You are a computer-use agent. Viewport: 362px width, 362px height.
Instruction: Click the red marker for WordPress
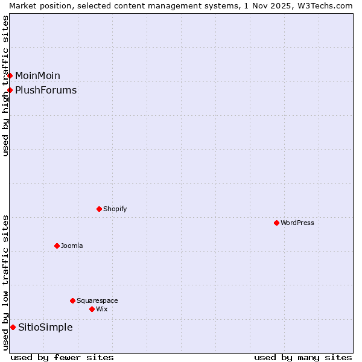[x=276, y=223]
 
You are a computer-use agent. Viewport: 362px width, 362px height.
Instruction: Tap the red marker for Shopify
[x=99, y=209]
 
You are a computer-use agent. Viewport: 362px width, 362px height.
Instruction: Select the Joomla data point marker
[x=57, y=246]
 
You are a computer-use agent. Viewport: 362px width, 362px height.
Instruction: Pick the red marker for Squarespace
[x=72, y=300]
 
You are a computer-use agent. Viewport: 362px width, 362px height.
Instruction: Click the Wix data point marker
[x=92, y=309]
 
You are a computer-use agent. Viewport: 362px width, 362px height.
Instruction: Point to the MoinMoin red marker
[x=10, y=75]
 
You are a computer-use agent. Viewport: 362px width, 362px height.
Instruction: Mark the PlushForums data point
[x=10, y=90]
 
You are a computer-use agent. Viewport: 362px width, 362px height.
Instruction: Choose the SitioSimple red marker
[x=13, y=327]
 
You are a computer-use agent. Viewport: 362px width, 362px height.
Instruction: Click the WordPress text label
[x=297, y=223]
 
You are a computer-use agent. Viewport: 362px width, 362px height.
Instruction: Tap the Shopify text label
[x=115, y=209]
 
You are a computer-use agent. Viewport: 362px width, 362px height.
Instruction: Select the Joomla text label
[x=72, y=246]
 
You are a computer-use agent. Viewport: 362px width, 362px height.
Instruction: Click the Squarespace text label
[x=97, y=300]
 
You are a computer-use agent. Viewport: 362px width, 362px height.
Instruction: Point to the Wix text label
[x=102, y=309]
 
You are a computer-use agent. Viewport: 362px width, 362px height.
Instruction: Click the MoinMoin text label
[x=37, y=75]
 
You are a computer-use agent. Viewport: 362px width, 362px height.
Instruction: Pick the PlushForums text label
[x=46, y=90]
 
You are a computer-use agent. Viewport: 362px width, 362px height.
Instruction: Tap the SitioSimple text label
[x=45, y=327]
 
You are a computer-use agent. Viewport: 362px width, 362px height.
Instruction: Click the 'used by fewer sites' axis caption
[x=62, y=357]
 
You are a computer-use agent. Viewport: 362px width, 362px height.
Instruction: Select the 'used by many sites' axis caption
[x=303, y=357]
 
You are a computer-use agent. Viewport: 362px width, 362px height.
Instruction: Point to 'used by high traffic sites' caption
[x=5, y=86]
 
